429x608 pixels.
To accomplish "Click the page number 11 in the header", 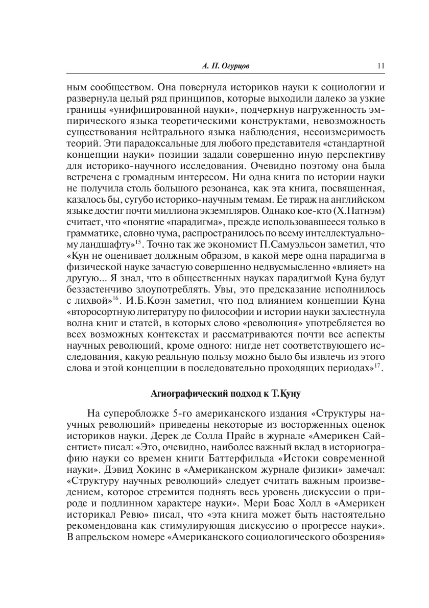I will click(380, 65).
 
